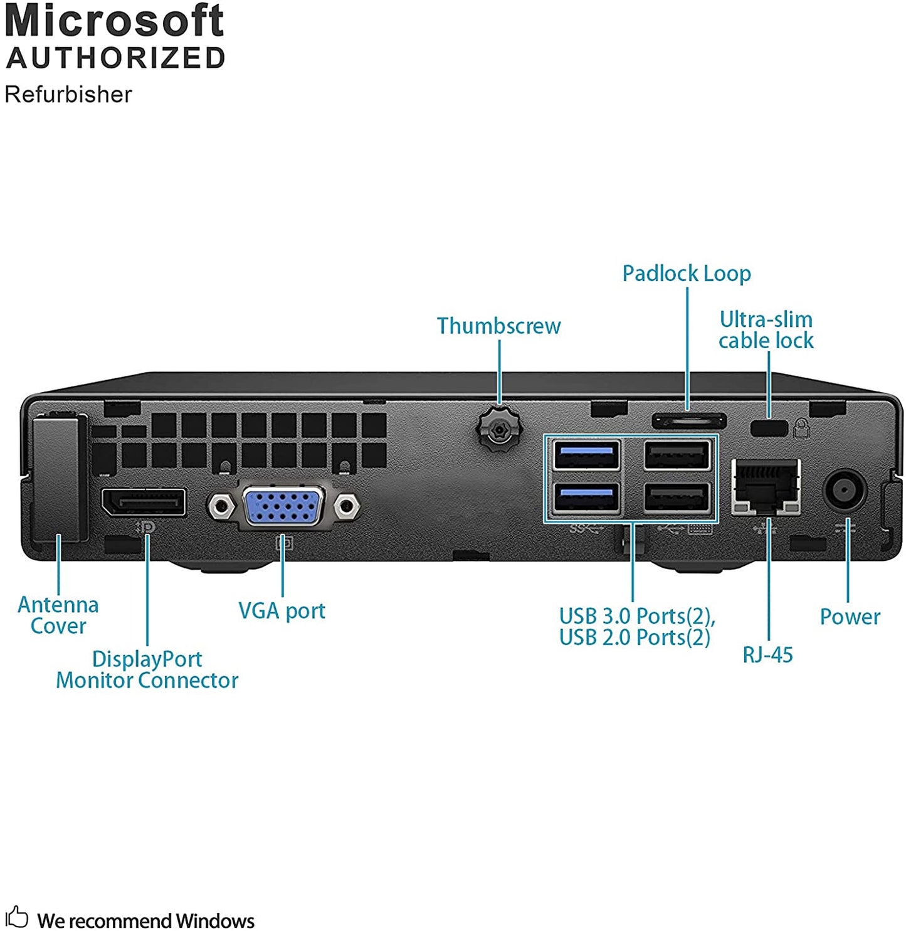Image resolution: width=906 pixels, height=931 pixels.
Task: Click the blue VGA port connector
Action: pos(283,506)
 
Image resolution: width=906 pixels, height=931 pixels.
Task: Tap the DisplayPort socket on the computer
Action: pos(144,502)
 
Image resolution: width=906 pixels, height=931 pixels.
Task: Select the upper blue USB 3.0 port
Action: pos(587,455)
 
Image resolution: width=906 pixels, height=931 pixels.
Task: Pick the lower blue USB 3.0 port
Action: pos(587,497)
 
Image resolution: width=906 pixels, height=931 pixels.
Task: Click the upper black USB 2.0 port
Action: pos(677,455)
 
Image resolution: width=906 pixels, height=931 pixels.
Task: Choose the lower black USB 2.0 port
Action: pos(677,497)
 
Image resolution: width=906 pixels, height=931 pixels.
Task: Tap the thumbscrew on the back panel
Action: pos(499,430)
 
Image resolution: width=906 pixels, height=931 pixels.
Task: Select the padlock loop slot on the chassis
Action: pos(688,420)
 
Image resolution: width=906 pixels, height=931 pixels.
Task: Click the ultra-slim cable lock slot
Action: pos(769,428)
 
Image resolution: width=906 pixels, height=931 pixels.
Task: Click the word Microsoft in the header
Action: pos(114,21)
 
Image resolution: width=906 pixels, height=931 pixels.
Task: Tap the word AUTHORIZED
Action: pos(115,58)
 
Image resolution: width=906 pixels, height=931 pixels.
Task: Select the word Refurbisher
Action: pos(68,95)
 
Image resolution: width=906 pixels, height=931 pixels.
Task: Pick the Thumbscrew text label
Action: pos(498,326)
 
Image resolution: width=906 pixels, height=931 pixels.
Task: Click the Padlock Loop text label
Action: pos(687,274)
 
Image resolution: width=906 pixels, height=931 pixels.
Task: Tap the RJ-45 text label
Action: pos(767,655)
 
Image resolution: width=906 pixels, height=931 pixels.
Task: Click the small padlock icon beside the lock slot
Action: pos(802,428)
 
